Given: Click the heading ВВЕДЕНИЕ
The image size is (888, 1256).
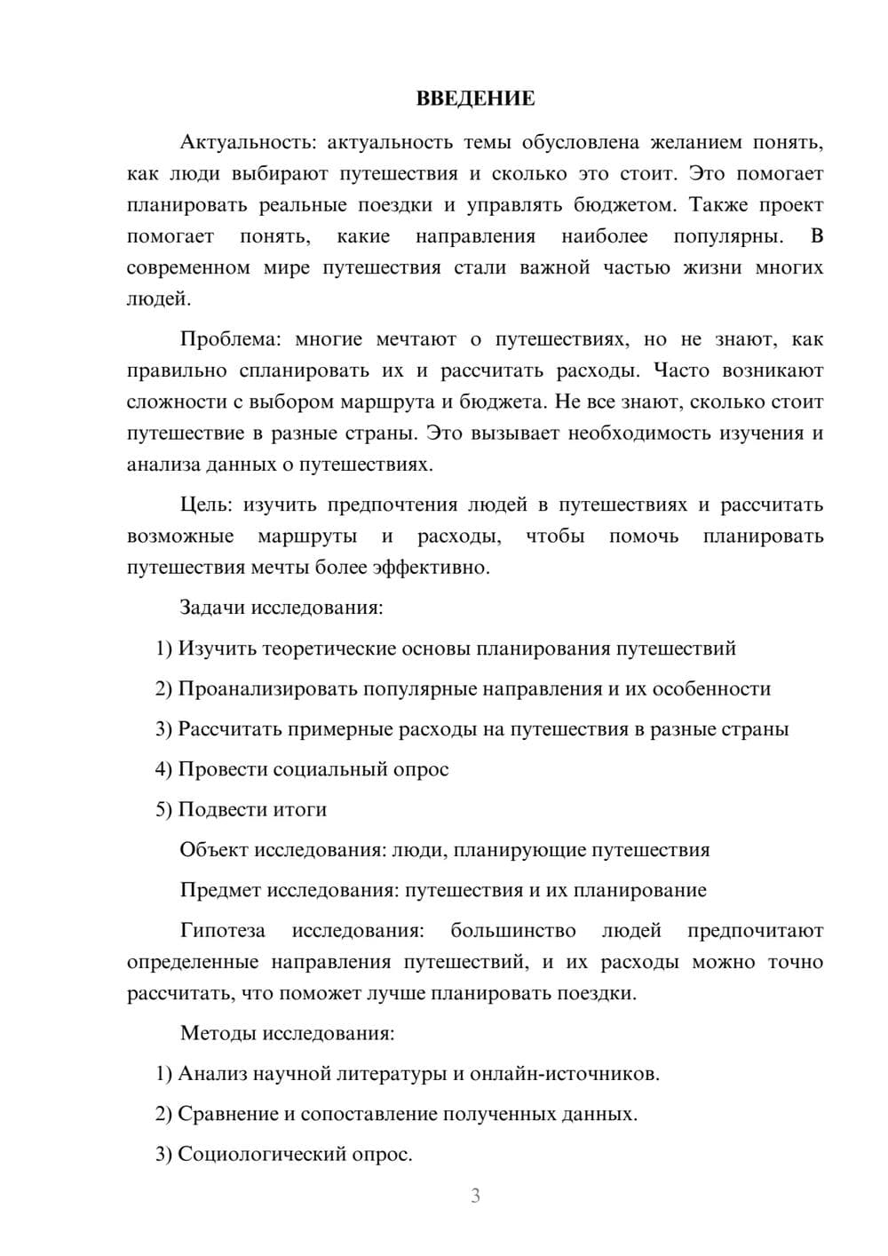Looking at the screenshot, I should (x=475, y=99).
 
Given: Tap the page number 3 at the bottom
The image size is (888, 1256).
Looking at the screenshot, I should (x=475, y=1196).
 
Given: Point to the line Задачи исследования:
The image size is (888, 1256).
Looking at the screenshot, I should (x=281, y=608).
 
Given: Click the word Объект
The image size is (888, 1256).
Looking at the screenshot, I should (x=214, y=850).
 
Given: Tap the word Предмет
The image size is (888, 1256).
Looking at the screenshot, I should (x=220, y=890).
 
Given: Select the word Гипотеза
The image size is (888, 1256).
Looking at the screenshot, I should (x=223, y=931).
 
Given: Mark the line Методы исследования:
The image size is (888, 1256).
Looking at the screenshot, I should (x=287, y=1033).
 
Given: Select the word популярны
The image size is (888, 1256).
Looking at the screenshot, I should (x=728, y=236).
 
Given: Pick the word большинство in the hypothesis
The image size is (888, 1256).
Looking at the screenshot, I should (x=512, y=931).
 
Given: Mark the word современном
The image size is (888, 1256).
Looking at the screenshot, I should (x=188, y=267).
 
